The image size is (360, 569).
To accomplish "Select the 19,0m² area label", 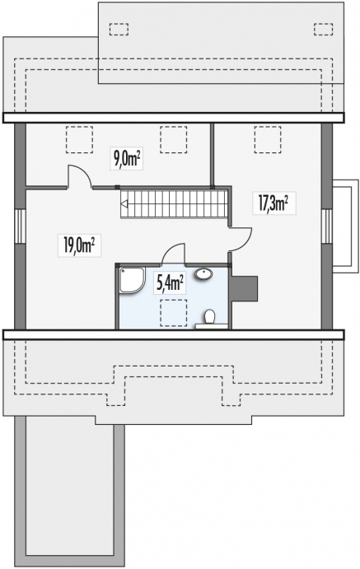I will click(78, 244).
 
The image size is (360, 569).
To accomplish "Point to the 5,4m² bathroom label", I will click(170, 285).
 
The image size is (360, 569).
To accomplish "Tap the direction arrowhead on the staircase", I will click(124, 203).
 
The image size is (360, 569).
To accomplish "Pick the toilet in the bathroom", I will click(209, 316).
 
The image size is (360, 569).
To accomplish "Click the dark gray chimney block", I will click(245, 288).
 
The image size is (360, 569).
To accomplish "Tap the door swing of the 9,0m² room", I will click(78, 176).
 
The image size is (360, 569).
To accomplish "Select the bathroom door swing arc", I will click(174, 253).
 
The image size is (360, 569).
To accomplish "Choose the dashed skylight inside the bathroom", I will click(171, 310).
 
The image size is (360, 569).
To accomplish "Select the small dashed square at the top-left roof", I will click(119, 29).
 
